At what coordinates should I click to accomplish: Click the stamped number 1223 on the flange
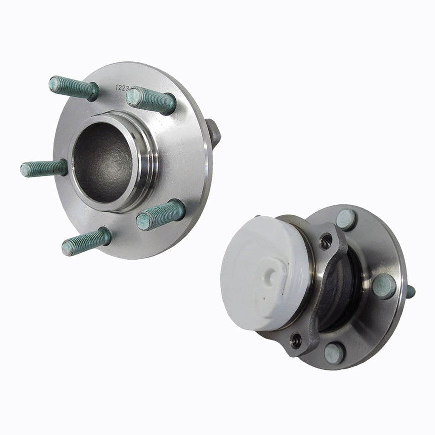point(123,87)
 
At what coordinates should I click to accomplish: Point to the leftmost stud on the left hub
point(44,168)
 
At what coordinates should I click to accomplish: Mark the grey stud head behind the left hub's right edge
point(213,132)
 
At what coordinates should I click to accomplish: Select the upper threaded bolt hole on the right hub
point(326,241)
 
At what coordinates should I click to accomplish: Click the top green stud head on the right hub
point(346,220)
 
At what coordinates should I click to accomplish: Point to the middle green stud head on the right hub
point(384,286)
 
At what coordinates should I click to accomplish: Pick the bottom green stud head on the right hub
point(334,354)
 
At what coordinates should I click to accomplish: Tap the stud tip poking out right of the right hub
point(410,291)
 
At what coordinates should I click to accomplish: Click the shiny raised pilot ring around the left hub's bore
point(145,150)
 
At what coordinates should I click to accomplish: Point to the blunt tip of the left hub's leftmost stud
point(25,170)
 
